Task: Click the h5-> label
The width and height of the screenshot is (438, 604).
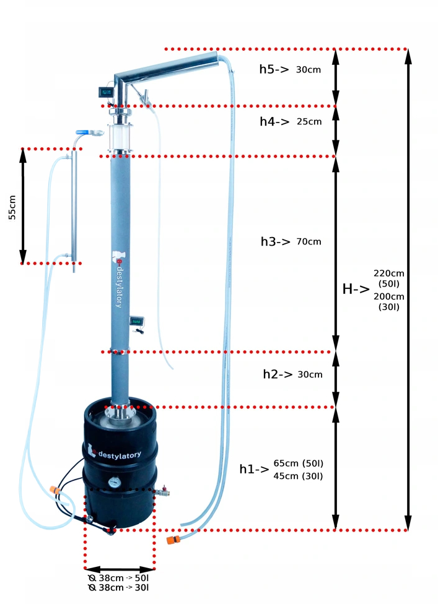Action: [x=274, y=69]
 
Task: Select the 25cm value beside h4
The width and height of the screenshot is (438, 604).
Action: [x=309, y=122]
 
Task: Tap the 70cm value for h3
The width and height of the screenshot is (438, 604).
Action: [x=309, y=241]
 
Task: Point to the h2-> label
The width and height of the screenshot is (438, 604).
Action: [x=277, y=374]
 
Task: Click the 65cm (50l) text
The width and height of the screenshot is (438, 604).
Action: [x=299, y=463]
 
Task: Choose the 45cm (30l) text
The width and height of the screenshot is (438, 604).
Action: [x=299, y=476]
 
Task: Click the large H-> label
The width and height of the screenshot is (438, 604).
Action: [x=356, y=288]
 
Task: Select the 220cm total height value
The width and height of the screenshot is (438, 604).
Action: [x=389, y=273]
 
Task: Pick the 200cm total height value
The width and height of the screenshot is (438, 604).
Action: [x=389, y=296]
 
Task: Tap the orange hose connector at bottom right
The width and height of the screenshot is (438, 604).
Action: [x=170, y=538]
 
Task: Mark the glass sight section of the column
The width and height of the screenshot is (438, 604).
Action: [x=120, y=138]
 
